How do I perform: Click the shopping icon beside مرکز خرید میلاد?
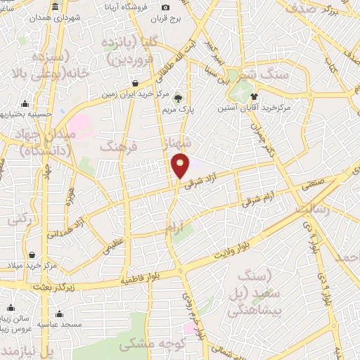pos(33,255)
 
